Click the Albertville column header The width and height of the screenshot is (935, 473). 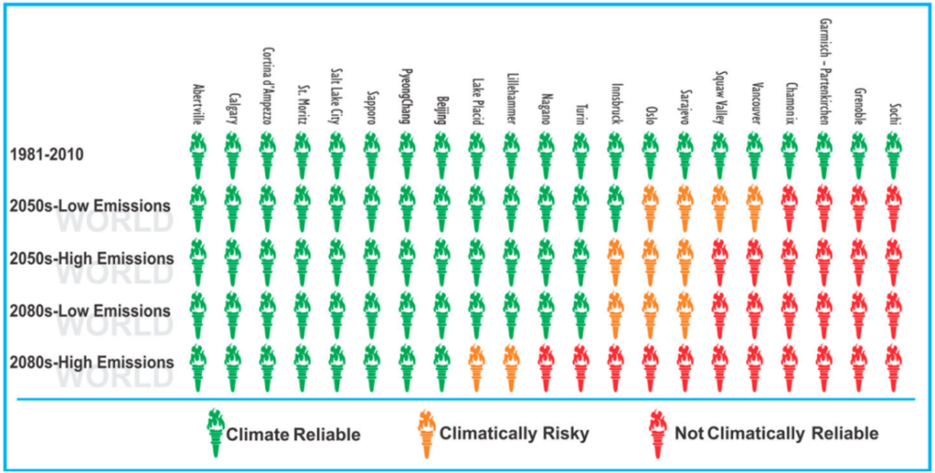[x=198, y=103]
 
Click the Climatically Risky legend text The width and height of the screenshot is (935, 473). [x=500, y=434]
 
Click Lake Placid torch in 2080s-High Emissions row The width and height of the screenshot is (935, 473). [x=477, y=366]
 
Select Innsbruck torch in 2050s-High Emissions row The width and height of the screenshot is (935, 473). [x=615, y=261]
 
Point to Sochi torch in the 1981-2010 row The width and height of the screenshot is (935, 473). [x=894, y=154]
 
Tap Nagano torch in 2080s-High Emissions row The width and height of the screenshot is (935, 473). [x=546, y=366]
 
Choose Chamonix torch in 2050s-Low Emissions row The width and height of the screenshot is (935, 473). [x=789, y=207]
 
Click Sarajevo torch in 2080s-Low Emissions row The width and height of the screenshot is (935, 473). [x=684, y=313]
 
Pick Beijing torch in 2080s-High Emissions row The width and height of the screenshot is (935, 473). [x=441, y=366]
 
